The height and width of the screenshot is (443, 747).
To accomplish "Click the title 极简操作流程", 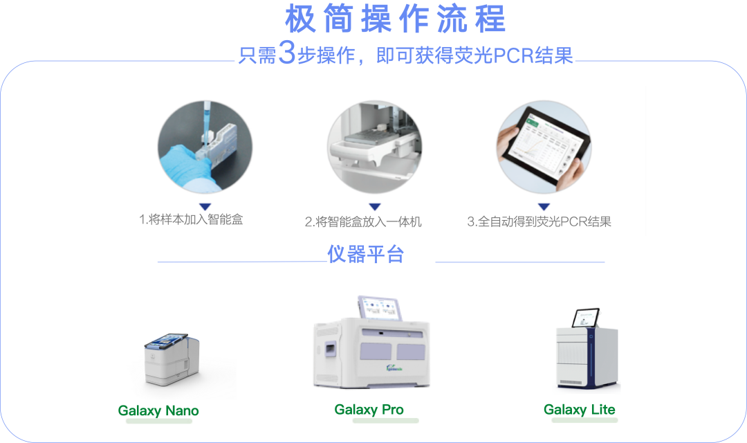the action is coord(395,19).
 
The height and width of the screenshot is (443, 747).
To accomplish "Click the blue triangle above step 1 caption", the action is coord(205,206).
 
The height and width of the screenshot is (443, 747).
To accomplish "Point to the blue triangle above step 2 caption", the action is coord(374,206).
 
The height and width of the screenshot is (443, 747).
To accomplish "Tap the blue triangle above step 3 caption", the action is coord(544,206).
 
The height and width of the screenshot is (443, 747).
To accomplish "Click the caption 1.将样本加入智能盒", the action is coord(191,220).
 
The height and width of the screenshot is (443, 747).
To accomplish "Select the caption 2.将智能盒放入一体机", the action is coord(363,222).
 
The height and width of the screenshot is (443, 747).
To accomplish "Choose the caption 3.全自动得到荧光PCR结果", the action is coord(539,222).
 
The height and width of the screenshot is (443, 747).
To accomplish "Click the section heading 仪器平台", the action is coord(365,255).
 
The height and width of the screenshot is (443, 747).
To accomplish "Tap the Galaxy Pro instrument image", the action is coord(371,346).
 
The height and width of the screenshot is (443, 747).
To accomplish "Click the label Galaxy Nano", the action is coord(158,411).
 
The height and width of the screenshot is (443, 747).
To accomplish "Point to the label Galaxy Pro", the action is coord(369,410).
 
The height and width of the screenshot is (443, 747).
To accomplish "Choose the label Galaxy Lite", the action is coord(579,410).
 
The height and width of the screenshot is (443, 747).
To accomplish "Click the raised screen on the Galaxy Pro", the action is coord(378,307).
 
